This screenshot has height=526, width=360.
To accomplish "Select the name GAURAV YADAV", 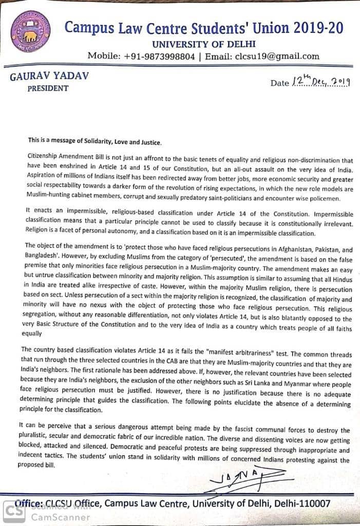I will coord(49,76).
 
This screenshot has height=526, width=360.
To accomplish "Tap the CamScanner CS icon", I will coord(14,511).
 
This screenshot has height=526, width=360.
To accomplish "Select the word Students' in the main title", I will coord(206,28).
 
